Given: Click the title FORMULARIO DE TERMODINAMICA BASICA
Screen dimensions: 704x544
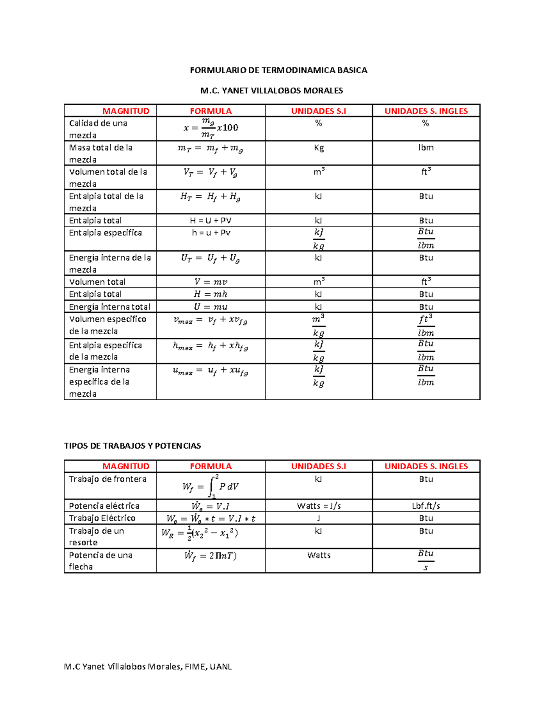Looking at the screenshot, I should coord(278,70).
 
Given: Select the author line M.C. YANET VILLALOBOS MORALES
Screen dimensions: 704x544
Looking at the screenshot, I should coord(272,91).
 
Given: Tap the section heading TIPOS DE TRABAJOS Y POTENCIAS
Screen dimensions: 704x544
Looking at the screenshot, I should coord(132,446).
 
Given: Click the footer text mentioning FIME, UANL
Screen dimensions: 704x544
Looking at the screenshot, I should coord(148,666).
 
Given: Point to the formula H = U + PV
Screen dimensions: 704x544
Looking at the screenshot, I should coord(210,221).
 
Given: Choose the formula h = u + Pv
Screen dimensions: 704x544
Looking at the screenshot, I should coord(211,233).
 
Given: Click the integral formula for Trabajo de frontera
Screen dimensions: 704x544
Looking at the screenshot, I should coord(211,486).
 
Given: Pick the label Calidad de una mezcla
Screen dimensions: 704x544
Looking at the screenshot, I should coord(98,129).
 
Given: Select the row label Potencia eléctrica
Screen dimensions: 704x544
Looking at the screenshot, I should coord(104,506).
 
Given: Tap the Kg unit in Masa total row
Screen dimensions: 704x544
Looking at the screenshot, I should coord(319,148).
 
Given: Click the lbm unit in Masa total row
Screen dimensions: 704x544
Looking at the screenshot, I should coord(426,148).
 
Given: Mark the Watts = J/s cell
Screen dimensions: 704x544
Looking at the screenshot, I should coord(319,506).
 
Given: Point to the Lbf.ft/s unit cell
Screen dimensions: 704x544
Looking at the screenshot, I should coord(426,506).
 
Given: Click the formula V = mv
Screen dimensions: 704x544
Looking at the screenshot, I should coord(211,282).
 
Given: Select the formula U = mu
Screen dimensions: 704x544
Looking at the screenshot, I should coord(211,307).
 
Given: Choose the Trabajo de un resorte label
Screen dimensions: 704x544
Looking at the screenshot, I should coord(96,537).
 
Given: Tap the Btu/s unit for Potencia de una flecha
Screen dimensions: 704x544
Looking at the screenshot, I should coord(426,560).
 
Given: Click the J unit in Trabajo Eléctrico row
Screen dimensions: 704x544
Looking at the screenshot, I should coord(319,518).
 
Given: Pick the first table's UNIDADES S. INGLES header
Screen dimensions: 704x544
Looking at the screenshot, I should coord(426,111).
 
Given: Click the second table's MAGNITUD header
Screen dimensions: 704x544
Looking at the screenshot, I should coord(126,466).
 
